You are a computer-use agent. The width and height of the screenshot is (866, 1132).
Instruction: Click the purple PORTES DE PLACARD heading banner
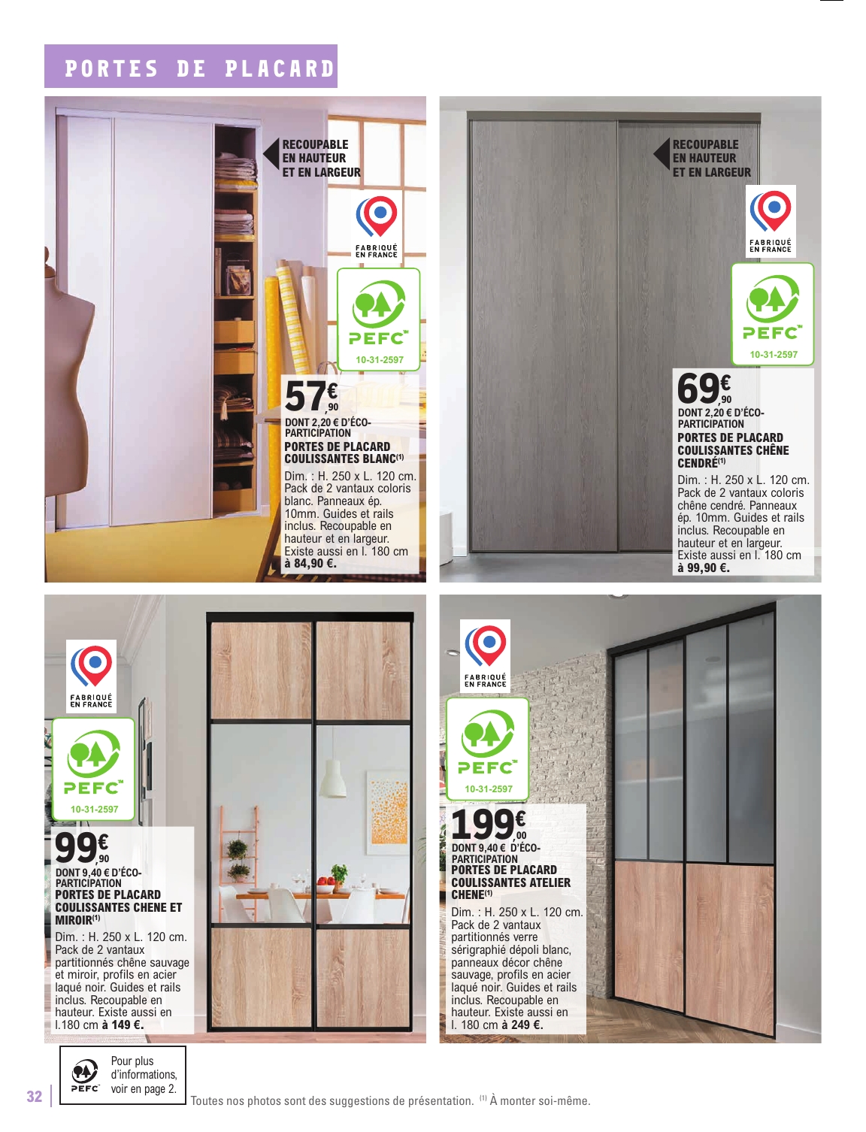[191, 67]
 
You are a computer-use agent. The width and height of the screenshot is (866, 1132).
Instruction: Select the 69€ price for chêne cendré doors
[704, 389]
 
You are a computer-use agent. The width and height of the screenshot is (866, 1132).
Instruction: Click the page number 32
[35, 1096]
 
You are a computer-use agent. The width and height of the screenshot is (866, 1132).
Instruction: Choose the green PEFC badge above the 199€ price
[487, 747]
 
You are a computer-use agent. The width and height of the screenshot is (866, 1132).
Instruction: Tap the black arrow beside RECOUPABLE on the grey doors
[662, 155]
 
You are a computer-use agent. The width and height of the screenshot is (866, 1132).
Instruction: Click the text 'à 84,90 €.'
[310, 563]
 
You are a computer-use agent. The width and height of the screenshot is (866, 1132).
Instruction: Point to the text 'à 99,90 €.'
[704, 568]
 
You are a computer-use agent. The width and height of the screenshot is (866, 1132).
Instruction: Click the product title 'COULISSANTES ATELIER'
[510, 882]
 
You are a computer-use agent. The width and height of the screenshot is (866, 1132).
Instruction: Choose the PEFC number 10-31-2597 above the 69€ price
[774, 354]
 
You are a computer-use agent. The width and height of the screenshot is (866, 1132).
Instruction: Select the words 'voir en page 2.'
[144, 1088]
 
